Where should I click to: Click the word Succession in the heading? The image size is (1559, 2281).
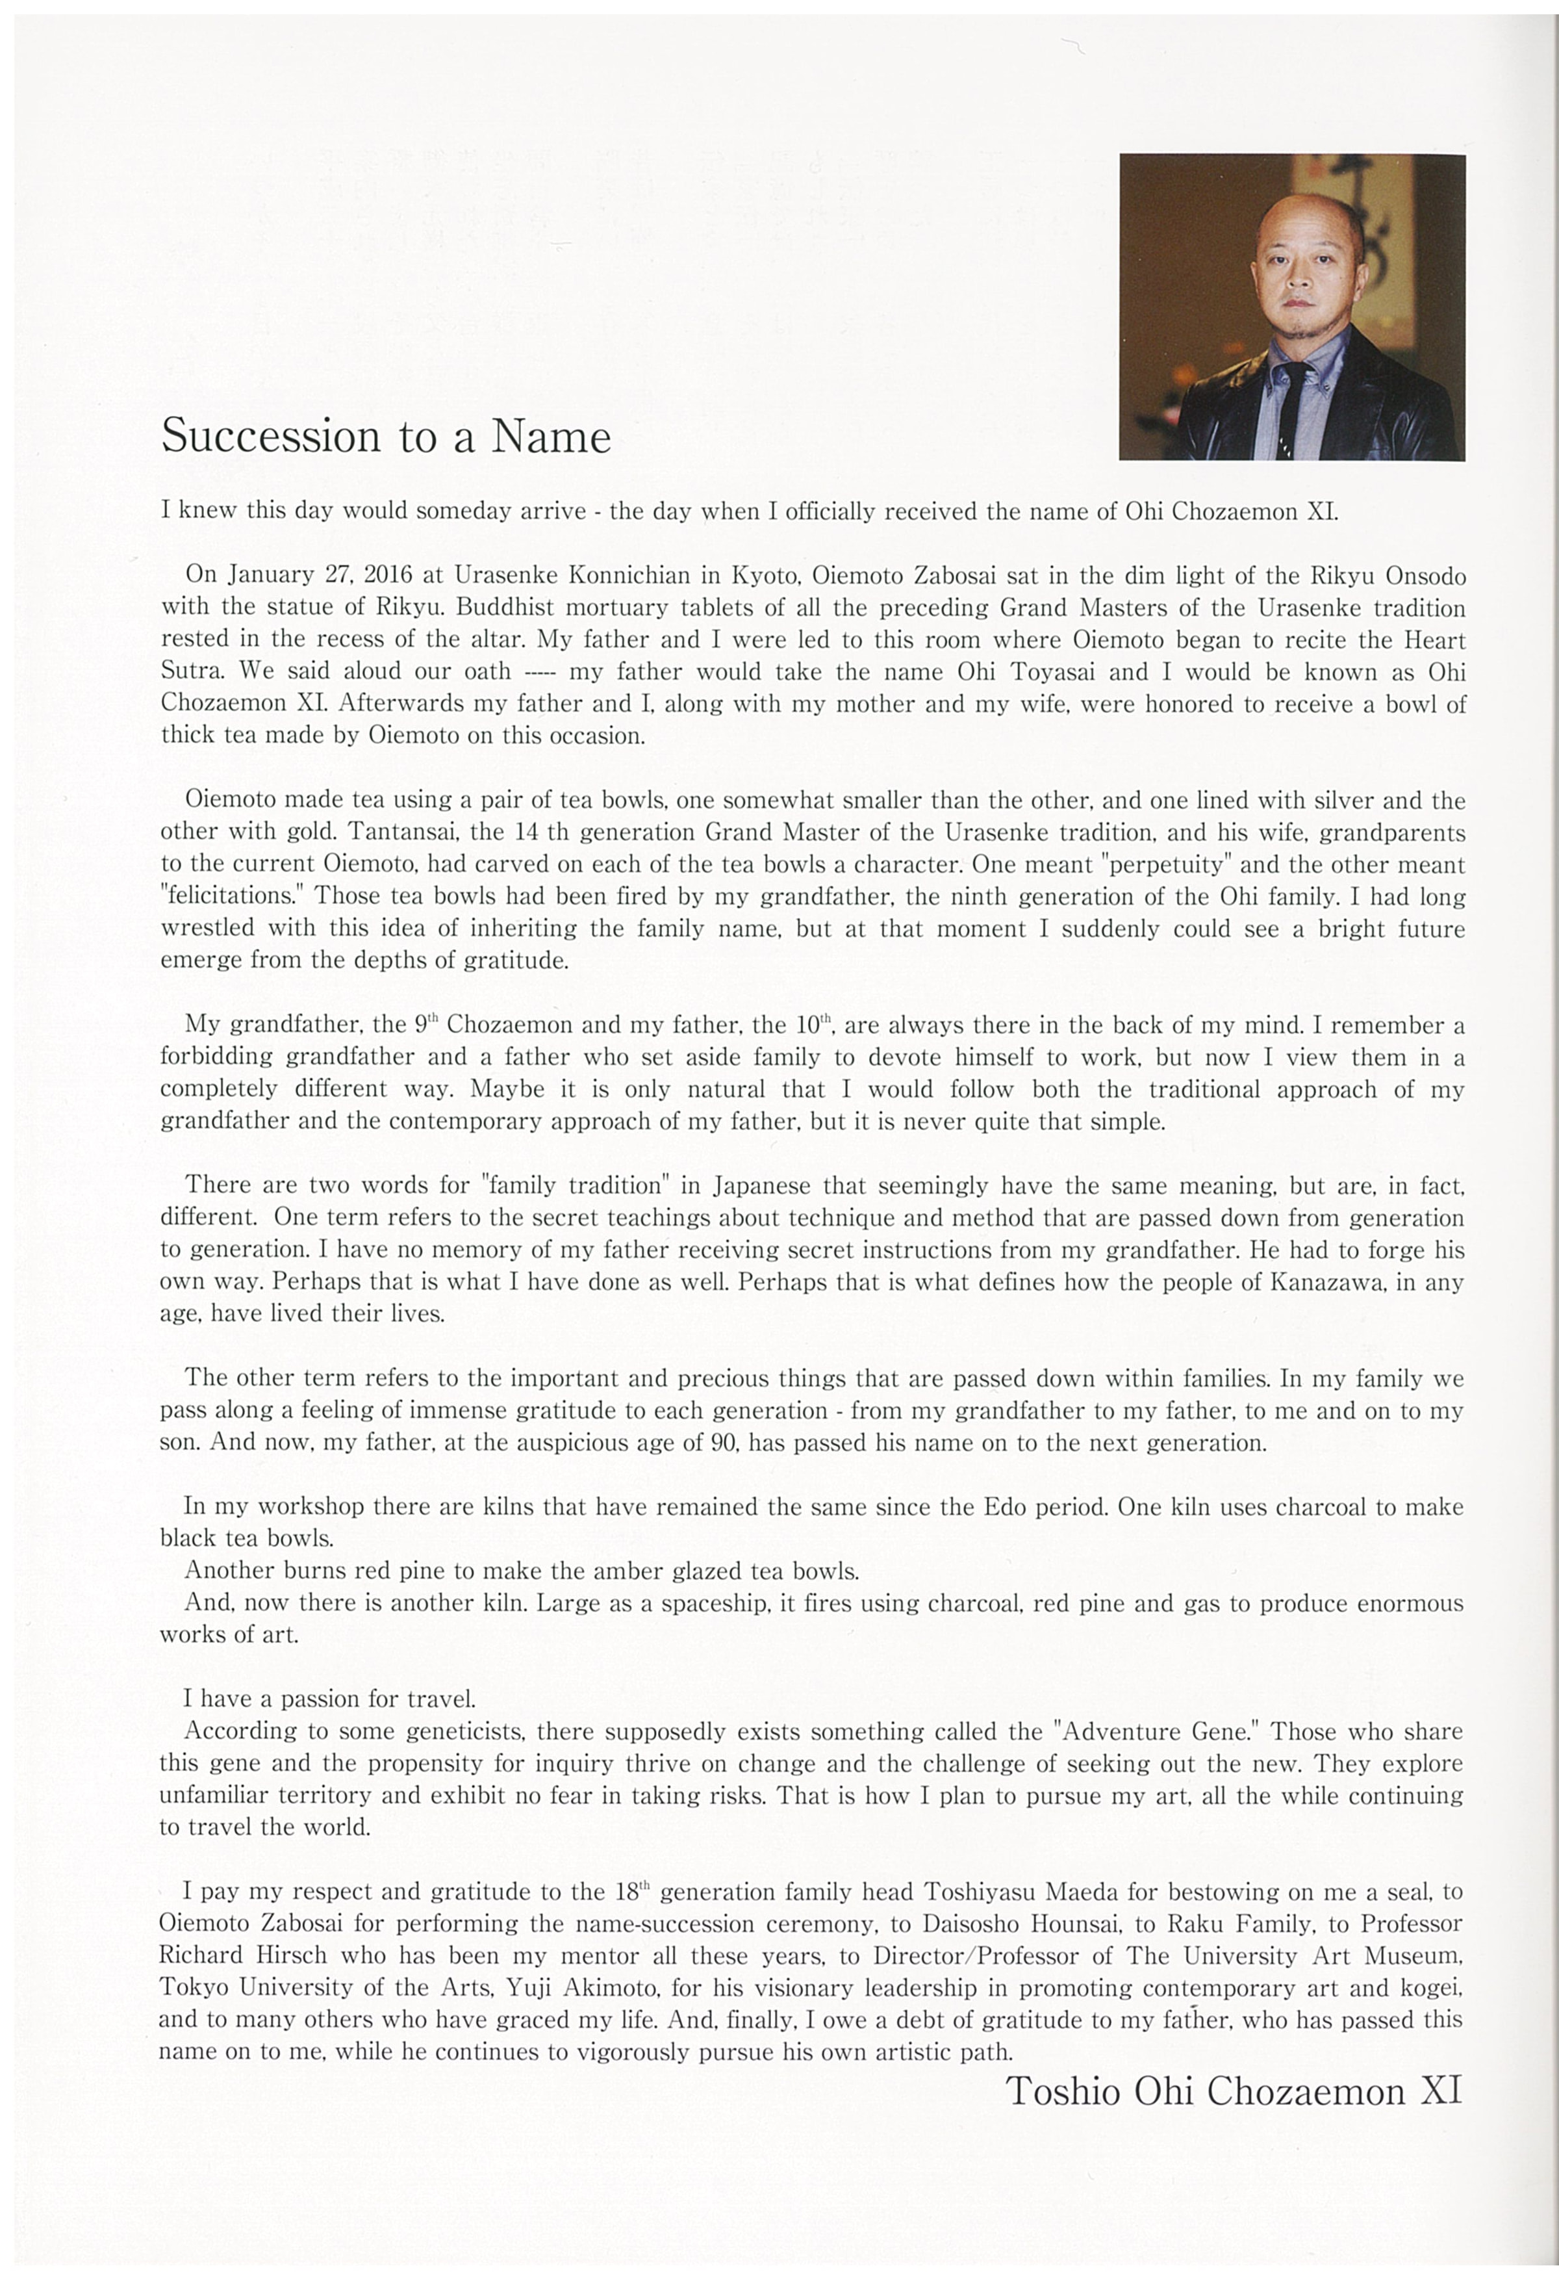point(271,436)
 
